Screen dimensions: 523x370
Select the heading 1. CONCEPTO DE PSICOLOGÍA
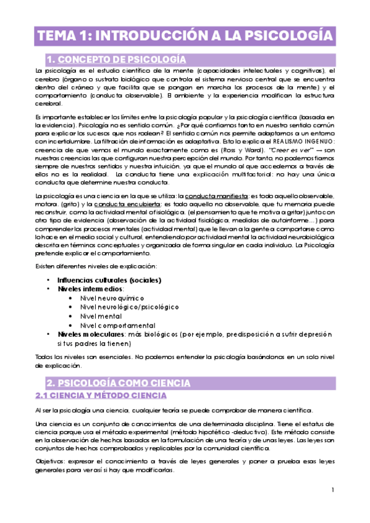[x=116, y=59]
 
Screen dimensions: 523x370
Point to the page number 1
[x=332, y=490]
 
